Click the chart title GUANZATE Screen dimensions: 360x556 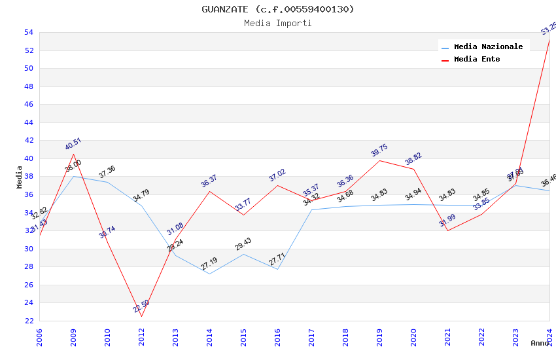(x=277, y=9)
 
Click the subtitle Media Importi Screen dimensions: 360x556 (x=277, y=23)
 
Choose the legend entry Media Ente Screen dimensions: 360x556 (x=477, y=59)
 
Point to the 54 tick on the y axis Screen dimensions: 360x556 (x=28, y=32)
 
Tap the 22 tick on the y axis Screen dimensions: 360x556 (x=28, y=321)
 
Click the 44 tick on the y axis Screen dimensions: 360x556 (x=28, y=122)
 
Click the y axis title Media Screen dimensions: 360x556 (x=19, y=177)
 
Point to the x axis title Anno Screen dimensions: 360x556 (x=540, y=343)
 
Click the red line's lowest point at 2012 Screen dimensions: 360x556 (x=141, y=316)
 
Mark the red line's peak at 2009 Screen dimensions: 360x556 (x=73, y=154)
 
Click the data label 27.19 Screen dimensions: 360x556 (x=209, y=264)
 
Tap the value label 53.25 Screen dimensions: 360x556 (x=549, y=28)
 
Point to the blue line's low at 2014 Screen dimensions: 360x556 (x=209, y=274)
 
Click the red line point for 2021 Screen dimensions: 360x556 (x=447, y=230)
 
